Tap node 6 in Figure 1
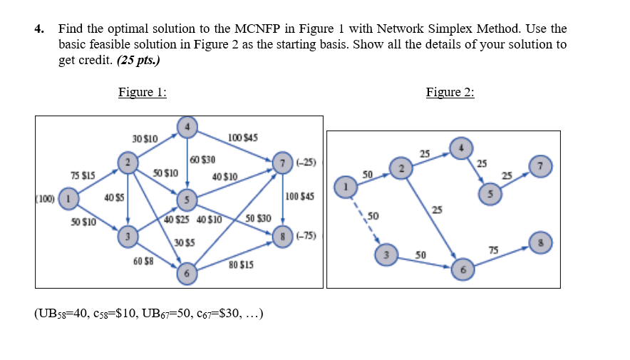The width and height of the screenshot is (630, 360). click(187, 273)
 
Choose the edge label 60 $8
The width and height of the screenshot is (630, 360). click(143, 262)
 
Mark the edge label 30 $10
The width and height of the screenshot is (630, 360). click(145, 137)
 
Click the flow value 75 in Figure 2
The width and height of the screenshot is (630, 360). click(493, 249)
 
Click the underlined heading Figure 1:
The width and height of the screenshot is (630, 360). click(143, 92)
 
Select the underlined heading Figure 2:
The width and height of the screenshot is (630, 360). click(450, 92)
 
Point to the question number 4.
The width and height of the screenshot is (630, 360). click(39, 29)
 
